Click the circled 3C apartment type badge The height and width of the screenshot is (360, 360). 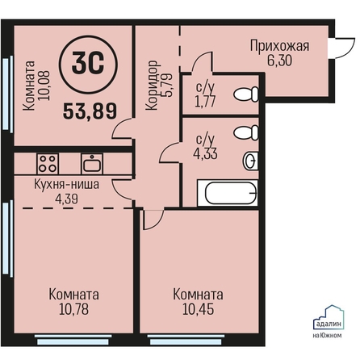point(88,65)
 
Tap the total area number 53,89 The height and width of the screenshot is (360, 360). point(90,111)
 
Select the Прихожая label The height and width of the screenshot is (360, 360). point(280,46)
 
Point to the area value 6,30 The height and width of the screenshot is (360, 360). point(279,61)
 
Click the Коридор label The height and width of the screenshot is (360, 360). point(152,85)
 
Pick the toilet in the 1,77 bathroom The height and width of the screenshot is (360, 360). point(246,94)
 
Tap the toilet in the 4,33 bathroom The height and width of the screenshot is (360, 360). point(246,132)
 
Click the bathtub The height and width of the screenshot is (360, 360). point(228,193)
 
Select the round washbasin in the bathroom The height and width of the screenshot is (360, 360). point(251,161)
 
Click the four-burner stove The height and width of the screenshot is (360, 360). point(48,164)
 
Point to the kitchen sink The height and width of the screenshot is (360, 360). point(92,164)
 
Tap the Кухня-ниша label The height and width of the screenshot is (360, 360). point(66,185)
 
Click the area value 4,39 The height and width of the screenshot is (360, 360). point(67,199)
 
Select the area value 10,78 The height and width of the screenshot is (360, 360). point(73,309)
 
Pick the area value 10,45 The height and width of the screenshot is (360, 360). point(199,309)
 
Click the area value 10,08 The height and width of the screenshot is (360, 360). point(44,86)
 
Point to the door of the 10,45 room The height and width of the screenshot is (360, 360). point(153,220)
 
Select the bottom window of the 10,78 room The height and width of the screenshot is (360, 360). point(73,340)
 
